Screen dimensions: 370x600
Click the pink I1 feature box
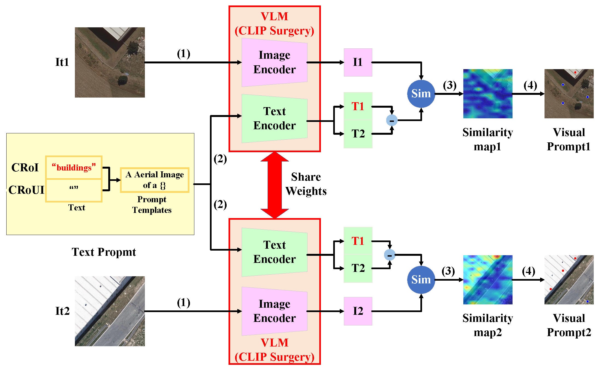click(x=358, y=62)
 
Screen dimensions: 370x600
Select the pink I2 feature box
click(x=358, y=311)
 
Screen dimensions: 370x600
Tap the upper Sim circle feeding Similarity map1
click(x=421, y=94)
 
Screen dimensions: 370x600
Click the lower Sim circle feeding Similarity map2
click(x=421, y=280)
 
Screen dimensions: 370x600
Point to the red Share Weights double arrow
click(x=274, y=185)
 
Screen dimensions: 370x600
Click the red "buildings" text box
click(x=74, y=168)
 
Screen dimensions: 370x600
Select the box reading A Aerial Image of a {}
click(x=154, y=180)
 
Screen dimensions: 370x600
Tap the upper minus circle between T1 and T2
click(x=392, y=120)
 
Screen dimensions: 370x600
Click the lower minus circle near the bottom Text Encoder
click(x=390, y=255)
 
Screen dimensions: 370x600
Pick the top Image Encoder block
click(x=274, y=62)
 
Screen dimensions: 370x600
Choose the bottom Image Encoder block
click(x=274, y=311)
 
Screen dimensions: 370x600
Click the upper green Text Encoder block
click(x=274, y=118)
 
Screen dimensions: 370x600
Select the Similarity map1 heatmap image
click(x=488, y=94)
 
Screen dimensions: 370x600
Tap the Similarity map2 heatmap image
click(x=488, y=280)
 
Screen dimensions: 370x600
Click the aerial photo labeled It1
click(x=110, y=62)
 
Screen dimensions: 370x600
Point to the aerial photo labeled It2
click(x=110, y=311)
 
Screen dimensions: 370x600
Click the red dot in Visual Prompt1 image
click(x=575, y=72)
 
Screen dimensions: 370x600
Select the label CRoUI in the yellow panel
click(x=26, y=190)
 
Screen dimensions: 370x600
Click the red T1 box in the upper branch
click(x=358, y=106)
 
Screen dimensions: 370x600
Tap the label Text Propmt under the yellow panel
click(x=104, y=252)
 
